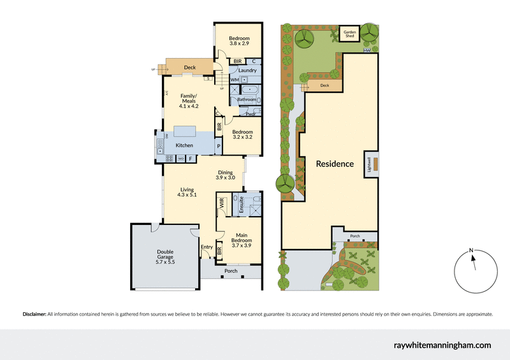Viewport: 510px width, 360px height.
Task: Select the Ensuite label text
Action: click(242, 205)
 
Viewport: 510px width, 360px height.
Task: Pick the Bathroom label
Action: click(247, 99)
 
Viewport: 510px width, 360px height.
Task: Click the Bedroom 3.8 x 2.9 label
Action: click(239, 42)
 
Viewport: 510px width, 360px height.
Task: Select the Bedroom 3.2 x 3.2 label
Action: click(242, 134)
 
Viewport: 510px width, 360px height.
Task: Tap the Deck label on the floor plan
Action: click(189, 67)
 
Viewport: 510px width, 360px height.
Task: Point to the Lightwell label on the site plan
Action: click(368, 163)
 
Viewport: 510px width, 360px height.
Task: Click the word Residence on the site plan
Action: click(335, 164)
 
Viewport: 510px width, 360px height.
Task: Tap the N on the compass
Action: click(470, 250)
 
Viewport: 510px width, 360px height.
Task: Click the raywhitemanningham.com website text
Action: click(440, 345)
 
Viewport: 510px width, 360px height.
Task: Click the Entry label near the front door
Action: click(207, 247)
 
